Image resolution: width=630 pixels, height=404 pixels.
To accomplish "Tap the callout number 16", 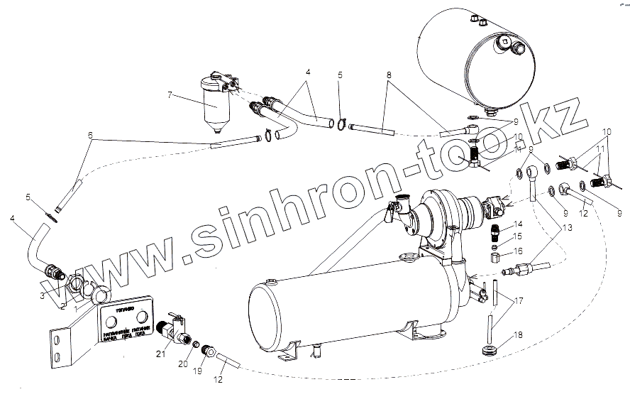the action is [519, 251].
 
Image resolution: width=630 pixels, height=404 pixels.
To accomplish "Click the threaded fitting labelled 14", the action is [495, 231].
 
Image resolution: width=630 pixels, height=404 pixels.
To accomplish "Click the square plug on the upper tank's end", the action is [504, 43].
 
